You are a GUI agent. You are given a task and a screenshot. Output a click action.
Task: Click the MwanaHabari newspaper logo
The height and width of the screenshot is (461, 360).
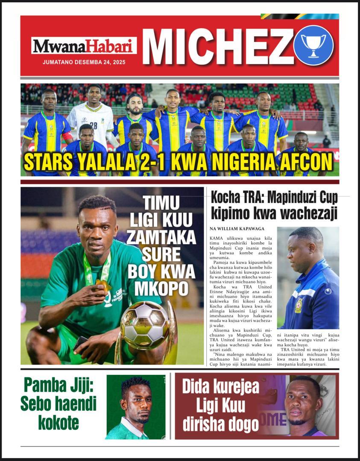click(84, 46)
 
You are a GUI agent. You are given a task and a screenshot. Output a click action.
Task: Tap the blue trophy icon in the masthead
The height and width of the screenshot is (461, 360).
click(313, 45)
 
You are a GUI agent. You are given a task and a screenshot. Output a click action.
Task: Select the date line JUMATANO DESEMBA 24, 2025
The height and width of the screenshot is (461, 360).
click(84, 62)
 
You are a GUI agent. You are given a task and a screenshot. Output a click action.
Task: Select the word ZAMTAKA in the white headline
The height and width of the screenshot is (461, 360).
click(161, 237)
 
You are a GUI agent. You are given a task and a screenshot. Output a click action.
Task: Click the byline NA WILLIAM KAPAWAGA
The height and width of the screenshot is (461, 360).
click(237, 229)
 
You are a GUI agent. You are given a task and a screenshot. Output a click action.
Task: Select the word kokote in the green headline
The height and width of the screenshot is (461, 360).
click(59, 422)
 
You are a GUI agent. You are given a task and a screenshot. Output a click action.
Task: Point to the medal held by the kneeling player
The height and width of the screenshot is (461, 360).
click(102, 284)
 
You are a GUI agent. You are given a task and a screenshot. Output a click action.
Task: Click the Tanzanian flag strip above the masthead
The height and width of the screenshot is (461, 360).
click(299, 16)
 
